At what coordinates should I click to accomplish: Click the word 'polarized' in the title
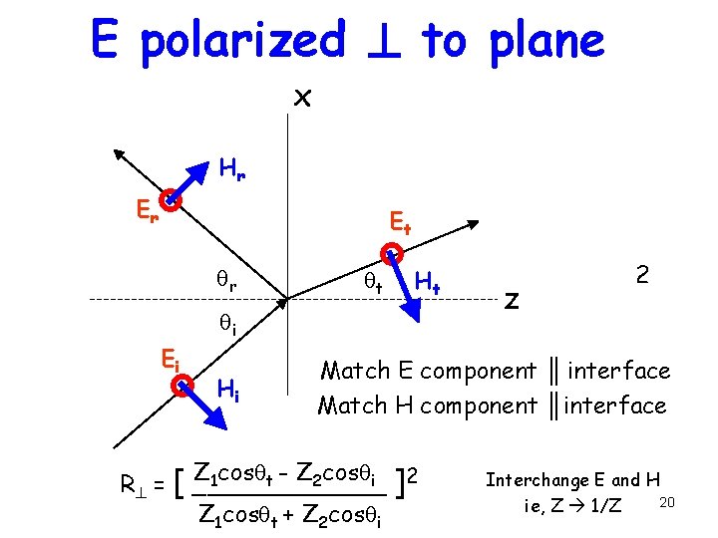[x=242, y=42]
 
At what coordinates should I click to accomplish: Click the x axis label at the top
[x=302, y=97]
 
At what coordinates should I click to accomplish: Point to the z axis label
[x=512, y=299]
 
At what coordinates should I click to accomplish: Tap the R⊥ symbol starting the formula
[x=134, y=486]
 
